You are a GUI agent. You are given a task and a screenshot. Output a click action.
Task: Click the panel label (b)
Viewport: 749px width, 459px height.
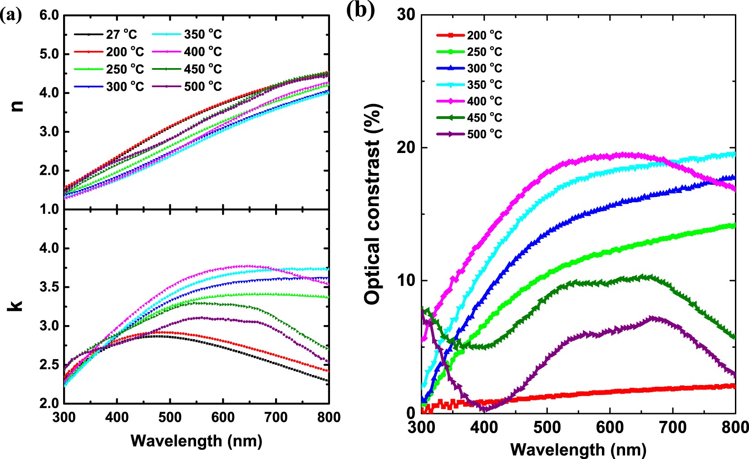pyautogui.click(x=360, y=10)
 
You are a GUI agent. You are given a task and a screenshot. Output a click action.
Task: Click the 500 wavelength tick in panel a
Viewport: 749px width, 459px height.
pyautogui.click(x=170, y=417)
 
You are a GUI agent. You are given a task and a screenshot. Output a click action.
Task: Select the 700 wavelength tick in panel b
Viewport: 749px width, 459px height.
pyautogui.click(x=672, y=427)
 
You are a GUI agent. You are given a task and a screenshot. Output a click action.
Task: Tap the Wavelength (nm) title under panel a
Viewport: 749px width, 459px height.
pyautogui.click(x=196, y=440)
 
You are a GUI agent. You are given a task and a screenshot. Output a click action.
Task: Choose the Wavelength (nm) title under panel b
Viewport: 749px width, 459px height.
pyautogui.click(x=578, y=449)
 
